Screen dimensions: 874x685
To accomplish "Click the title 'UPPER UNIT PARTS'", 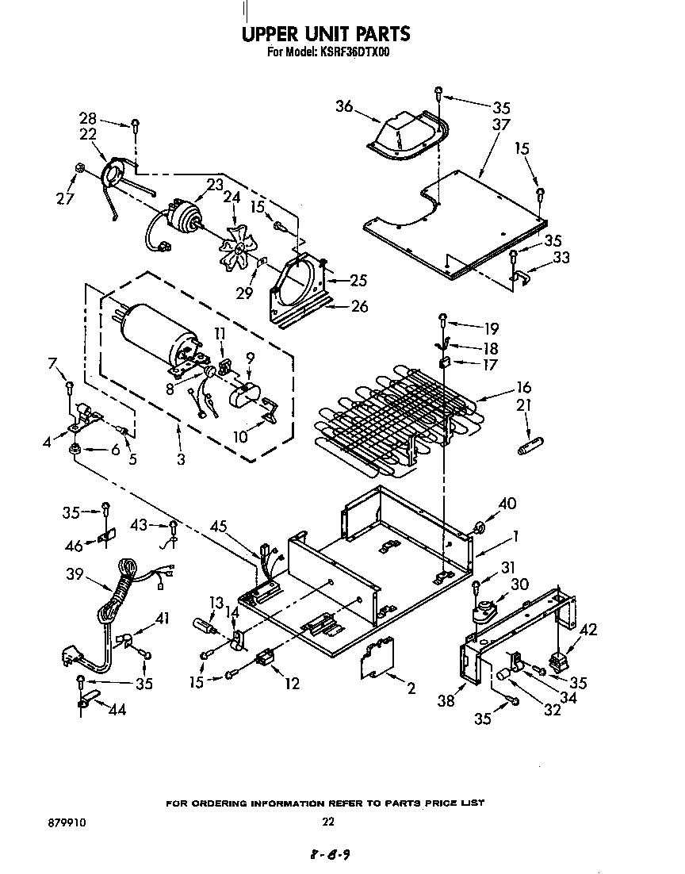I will point(325,33).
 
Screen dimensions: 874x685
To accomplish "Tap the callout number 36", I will point(343,106).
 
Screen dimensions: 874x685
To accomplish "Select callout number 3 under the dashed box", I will point(182,459).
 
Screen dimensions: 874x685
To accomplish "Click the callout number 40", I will point(507,503).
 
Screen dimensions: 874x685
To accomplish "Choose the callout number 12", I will point(292,683).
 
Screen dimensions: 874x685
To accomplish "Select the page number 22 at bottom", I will point(328,822).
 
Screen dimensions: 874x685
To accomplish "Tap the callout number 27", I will point(65,198).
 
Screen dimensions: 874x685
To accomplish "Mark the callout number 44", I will point(117,710).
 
